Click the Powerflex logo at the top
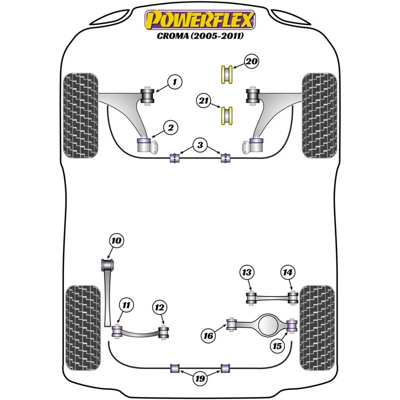(x=200, y=19)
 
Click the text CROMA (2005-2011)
(x=200, y=35)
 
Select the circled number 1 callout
(x=174, y=82)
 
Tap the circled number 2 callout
(x=170, y=127)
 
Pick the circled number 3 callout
(x=200, y=145)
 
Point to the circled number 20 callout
(x=251, y=61)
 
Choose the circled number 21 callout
(x=203, y=101)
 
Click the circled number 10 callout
(x=116, y=240)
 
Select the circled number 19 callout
(x=200, y=378)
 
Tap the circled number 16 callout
(x=208, y=335)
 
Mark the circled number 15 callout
(x=277, y=346)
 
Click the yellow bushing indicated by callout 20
(x=226, y=74)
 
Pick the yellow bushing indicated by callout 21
(x=226, y=116)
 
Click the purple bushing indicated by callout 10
(x=107, y=265)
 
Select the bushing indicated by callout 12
(x=163, y=332)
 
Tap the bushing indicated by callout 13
(x=251, y=298)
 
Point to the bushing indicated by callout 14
(x=293, y=297)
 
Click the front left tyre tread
(x=80, y=115)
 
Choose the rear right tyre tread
(x=317, y=328)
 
